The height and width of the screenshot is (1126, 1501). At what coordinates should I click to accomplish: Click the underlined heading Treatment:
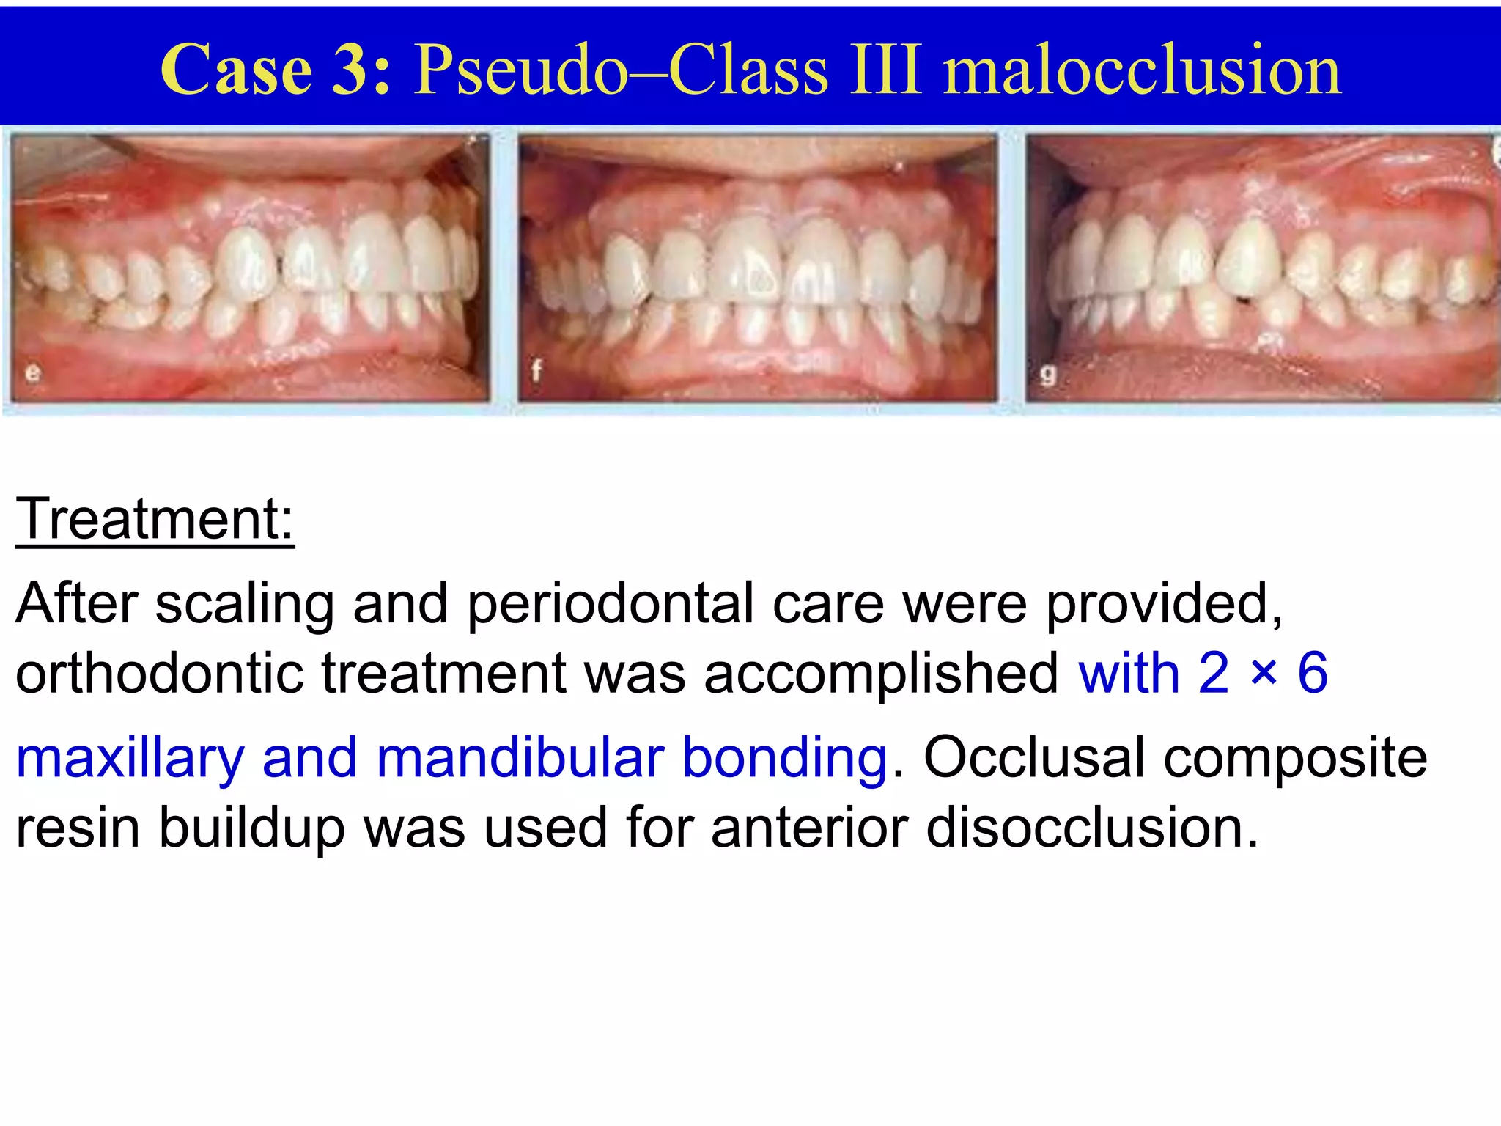(155, 519)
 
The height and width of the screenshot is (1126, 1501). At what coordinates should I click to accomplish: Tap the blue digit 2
(1214, 673)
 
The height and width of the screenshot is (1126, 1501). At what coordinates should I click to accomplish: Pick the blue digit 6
(1313, 673)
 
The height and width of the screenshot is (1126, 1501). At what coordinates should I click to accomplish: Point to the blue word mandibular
(520, 757)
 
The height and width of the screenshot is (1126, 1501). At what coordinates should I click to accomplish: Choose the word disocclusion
(1092, 827)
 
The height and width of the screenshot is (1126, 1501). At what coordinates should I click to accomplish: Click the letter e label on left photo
(33, 373)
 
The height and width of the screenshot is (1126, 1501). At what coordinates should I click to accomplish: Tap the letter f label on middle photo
(536, 371)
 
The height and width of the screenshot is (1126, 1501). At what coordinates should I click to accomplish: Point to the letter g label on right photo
(1048, 375)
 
